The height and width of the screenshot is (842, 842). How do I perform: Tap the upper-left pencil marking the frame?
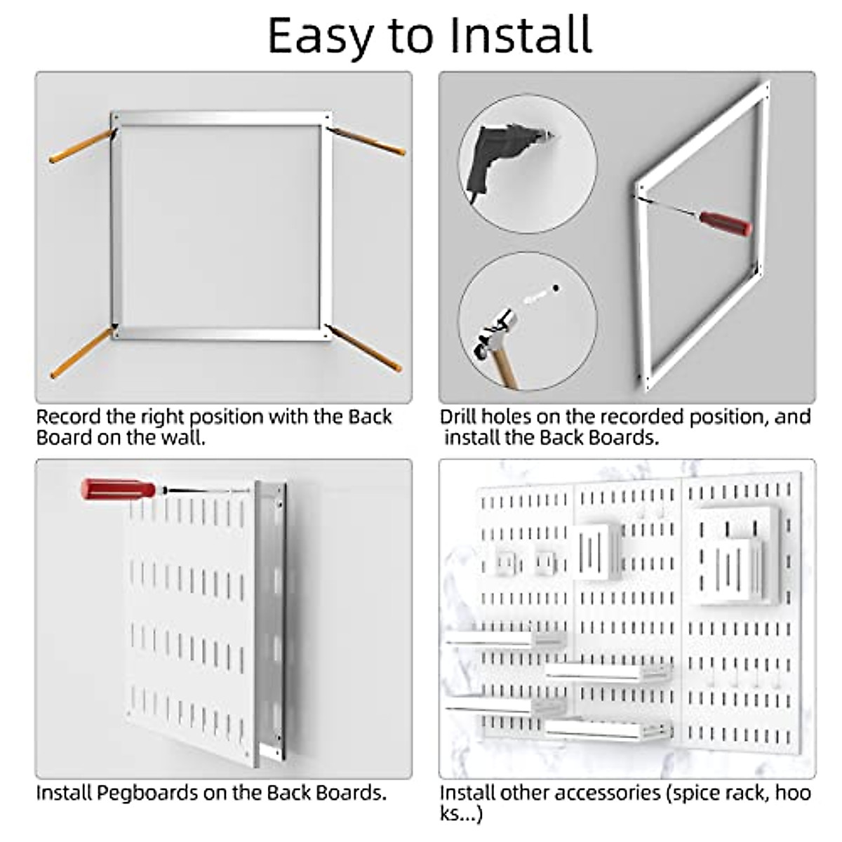(81, 147)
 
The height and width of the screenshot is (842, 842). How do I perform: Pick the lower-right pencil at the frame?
(365, 348)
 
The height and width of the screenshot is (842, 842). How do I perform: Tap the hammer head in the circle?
(496, 329)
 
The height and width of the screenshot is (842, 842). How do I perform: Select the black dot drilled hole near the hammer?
(556, 288)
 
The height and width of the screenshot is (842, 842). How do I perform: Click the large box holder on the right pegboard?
(738, 558)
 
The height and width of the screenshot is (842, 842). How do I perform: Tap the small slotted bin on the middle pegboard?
(596, 551)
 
